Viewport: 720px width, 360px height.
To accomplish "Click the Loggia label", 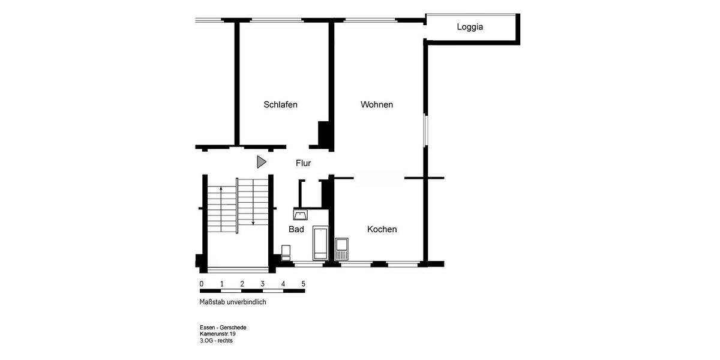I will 470,27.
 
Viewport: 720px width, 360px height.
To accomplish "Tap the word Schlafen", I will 280,104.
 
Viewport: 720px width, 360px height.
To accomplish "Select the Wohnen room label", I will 377,104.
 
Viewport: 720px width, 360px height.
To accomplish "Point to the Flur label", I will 303,163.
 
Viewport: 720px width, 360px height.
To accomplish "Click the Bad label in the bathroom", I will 296,229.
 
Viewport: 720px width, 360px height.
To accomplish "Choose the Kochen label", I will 382,229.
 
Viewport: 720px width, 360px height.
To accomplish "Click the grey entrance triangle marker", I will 261,161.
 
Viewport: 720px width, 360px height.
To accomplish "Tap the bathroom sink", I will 301,214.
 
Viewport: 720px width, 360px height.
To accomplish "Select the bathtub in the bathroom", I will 320,243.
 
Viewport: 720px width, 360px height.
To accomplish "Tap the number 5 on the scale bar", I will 304,284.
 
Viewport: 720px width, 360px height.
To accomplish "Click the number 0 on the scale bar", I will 202,284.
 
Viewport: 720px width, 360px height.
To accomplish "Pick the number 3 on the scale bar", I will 263,284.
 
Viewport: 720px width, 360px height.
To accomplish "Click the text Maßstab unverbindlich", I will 233,302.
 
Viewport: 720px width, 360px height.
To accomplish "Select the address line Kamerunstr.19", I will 218,334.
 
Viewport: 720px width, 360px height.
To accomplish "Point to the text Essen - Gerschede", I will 223,328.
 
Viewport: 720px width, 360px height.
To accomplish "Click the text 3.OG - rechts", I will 216,341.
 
